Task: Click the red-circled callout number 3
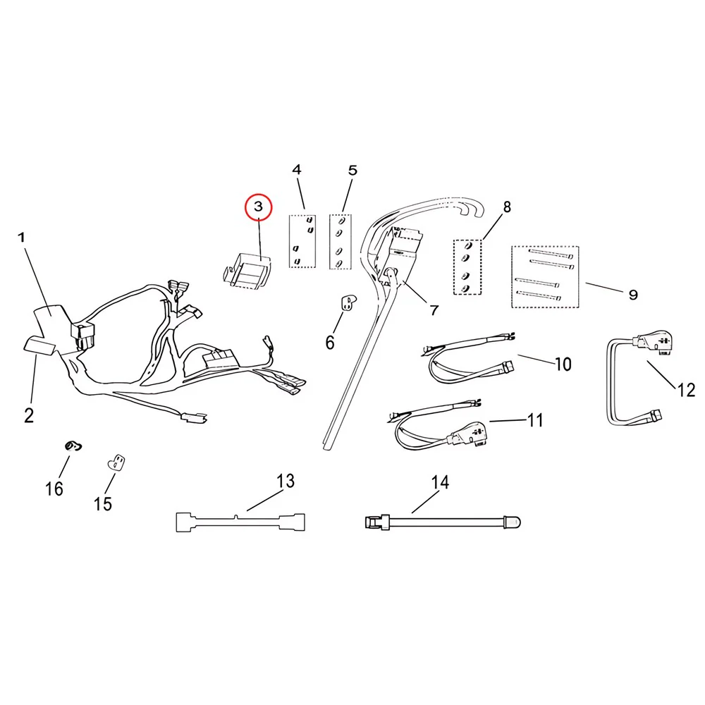pos(259,207)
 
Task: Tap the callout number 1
pos(21,237)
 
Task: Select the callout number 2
pos(29,415)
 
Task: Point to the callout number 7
pos(434,310)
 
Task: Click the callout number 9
pos(633,295)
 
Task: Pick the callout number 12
pos(686,390)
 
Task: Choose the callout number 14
pos(440,482)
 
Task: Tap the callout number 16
pos(54,489)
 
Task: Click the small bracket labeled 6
pos(348,302)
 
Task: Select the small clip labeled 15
pos(116,462)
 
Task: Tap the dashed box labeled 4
pos(302,241)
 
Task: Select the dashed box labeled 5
pos(341,241)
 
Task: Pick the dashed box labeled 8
pos(467,267)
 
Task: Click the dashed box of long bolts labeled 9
pos(545,276)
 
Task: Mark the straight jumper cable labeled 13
pos(240,522)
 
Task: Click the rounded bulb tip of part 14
pos(515,522)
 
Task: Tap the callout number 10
pos(563,364)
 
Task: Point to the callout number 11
pos(535,420)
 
